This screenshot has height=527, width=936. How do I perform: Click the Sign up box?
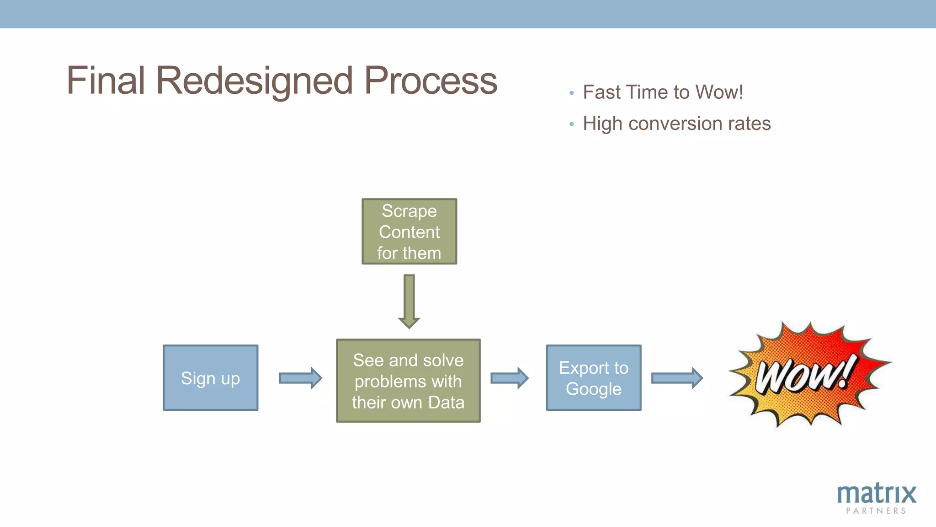click(210, 378)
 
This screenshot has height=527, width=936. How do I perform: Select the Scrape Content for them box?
click(409, 231)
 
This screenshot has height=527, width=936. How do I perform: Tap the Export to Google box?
click(593, 378)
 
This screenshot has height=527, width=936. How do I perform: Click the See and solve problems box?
click(408, 381)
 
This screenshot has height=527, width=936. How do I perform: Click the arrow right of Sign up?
click(300, 378)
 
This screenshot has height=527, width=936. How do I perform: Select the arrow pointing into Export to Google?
click(509, 378)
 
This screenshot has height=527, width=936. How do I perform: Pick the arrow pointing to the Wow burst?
click(676, 378)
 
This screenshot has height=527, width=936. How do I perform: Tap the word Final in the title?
click(106, 81)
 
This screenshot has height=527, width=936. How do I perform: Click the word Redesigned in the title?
click(254, 81)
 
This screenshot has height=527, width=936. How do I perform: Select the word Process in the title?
click(430, 81)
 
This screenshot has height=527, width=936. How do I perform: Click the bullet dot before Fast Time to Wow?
click(571, 93)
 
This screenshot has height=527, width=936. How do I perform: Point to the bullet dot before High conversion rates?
click(571, 124)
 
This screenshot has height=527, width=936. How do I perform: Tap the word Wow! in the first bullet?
click(719, 92)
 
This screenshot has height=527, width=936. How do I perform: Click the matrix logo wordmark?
click(876, 494)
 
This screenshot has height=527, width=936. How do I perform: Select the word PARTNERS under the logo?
click(876, 511)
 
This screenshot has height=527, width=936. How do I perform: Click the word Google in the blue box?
click(593, 389)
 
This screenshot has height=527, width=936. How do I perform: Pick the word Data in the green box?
click(446, 403)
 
